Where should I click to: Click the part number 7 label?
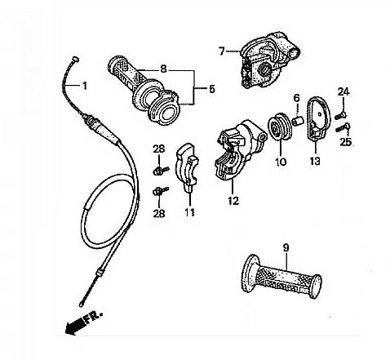222,51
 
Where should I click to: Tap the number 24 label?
343,91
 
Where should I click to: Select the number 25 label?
346,142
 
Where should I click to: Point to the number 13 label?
315,161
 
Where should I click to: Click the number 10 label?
281,162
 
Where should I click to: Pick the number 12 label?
233,201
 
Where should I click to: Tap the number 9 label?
286,247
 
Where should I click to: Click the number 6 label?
297,98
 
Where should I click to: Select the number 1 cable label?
85,86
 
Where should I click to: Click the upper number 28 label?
159,149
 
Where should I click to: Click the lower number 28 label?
159,213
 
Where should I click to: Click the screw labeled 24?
341,115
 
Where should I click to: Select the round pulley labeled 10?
279,127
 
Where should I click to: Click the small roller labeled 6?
297,120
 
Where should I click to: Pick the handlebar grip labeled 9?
281,277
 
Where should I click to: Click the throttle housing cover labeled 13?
318,118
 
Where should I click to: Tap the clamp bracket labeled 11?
188,167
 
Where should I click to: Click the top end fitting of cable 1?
75,59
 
